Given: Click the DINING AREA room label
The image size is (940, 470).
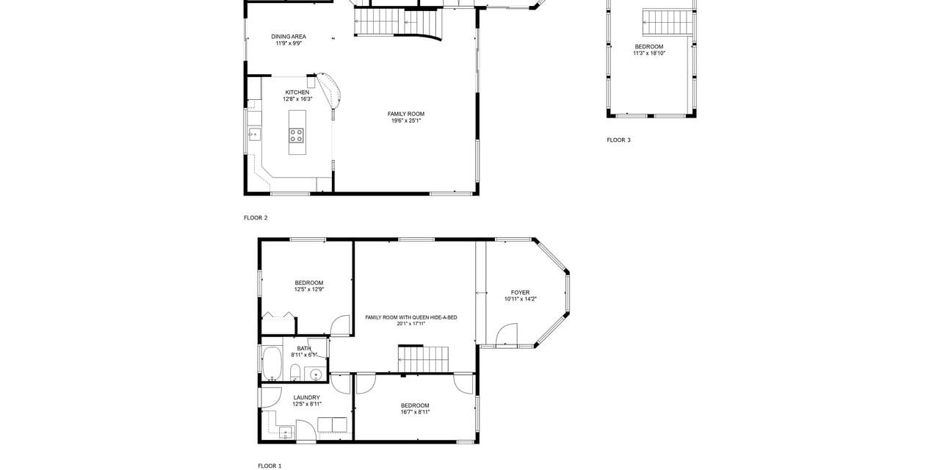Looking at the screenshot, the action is pos(289,37).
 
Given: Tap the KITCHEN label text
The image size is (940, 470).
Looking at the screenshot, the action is pos(297,93).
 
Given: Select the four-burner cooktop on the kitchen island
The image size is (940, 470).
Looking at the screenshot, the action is pos(297,136).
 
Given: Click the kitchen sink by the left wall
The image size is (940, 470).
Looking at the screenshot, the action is pos(254,134).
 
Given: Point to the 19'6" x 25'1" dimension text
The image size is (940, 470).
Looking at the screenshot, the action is pos(406,120).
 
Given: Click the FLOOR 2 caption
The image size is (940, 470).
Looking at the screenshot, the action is pos(256,218).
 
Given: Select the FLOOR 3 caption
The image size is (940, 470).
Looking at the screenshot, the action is pos(618,140).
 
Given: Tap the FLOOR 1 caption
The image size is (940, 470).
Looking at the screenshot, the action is pos(270,466).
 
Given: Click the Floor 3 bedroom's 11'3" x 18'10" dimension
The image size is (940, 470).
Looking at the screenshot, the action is pos(649,54).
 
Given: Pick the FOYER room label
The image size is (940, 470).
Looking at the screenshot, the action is pos(521,292).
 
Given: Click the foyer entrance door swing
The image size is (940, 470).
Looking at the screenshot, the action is pos(507,334).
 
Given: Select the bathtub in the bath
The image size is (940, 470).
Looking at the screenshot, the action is pos(272,364).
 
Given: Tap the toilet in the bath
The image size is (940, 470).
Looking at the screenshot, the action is pos(295,372).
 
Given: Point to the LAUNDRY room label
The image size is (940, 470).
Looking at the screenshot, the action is pos(307,397).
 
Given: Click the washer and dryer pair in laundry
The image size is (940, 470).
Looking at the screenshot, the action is pos(333,424).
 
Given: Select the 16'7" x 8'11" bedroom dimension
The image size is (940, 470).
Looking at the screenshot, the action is pos(415,412).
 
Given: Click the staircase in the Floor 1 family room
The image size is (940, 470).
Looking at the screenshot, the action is pos(423,359).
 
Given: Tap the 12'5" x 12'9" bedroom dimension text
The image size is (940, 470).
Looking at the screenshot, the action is pos(309,289).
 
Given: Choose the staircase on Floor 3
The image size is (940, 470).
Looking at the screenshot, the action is pos(668,22).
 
